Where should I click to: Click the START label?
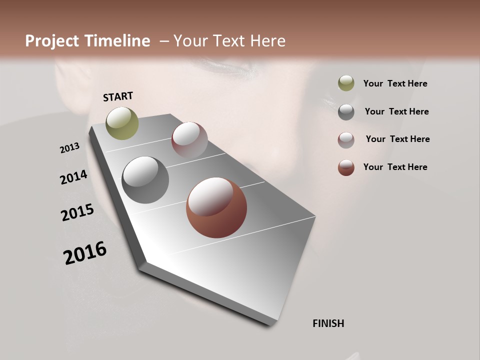118,96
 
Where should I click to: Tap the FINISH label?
328,323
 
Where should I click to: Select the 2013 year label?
70,148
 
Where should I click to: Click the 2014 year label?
73,177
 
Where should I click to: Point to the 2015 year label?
77,212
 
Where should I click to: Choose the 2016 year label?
85,252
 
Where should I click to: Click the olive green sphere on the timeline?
122,123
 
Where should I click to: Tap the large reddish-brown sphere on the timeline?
216,207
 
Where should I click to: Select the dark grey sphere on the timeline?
145,179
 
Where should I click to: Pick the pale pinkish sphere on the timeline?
189,140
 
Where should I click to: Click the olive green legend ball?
346,83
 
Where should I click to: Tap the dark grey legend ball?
346,111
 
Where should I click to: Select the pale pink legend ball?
346,139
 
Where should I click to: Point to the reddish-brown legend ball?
346,167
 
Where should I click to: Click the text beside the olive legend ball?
395,83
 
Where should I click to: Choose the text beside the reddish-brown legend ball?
395,167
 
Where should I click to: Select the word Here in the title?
268,41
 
